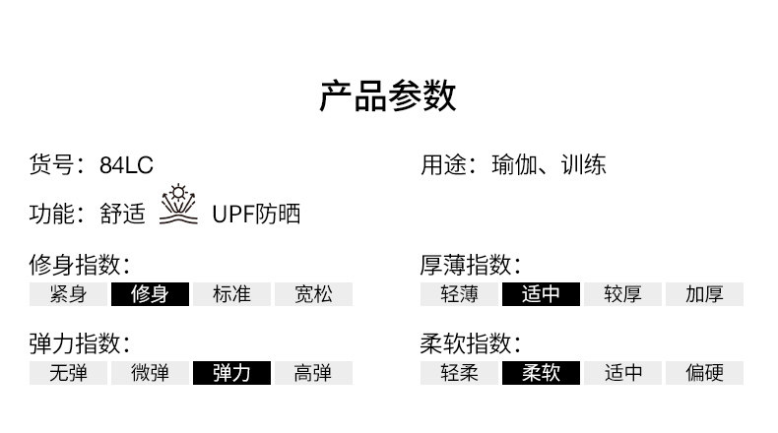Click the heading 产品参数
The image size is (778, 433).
click(388, 97)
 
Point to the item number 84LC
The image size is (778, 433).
click(126, 165)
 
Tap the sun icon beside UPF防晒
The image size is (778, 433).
click(178, 205)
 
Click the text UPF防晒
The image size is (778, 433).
click(256, 215)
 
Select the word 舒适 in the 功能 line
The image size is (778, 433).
click(122, 215)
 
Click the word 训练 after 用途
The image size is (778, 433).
click(583, 164)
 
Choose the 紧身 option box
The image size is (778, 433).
click(68, 294)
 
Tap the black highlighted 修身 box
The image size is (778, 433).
click(150, 294)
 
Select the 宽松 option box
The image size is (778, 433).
click(313, 294)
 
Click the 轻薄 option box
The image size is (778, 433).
click(460, 294)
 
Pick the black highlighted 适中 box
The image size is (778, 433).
click(542, 294)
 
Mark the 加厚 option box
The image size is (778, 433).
click(704, 294)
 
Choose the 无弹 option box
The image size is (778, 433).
click(68, 373)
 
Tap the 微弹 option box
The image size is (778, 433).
click(150, 373)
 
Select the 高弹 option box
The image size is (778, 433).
click(313, 373)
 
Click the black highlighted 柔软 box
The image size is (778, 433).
click(542, 373)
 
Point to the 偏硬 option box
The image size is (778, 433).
click(704, 373)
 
